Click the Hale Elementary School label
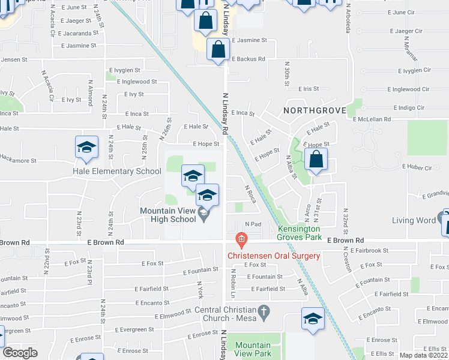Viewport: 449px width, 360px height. tap(116, 171)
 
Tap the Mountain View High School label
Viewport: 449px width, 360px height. tap(167, 215)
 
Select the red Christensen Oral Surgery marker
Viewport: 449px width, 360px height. tap(241, 241)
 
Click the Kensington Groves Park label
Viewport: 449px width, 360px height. tap(299, 233)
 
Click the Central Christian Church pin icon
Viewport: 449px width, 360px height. tap(262, 312)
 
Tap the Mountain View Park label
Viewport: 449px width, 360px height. tap(253, 349)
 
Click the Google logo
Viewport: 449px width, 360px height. tap(20, 353)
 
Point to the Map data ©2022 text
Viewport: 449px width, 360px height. tap(424, 355)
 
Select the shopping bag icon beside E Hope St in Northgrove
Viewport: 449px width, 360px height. tap(315, 160)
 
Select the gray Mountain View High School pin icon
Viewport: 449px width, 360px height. tap(203, 214)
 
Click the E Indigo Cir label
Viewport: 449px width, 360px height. tap(408, 108)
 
